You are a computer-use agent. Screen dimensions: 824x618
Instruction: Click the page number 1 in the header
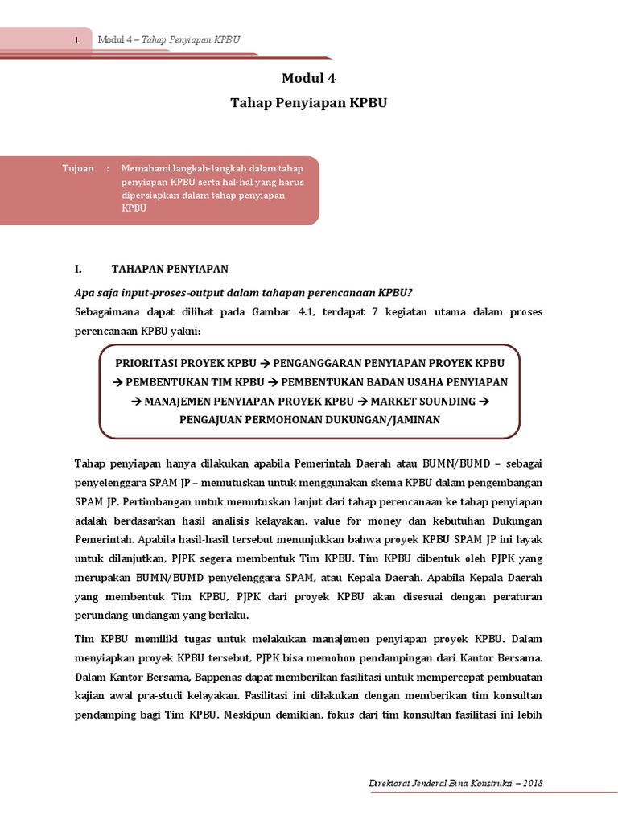pos(76,41)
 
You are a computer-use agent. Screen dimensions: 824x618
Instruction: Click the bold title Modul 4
pos(308,78)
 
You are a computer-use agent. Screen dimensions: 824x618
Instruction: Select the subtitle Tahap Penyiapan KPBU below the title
pos(308,103)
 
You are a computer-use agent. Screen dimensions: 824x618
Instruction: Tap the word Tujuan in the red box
pos(78,168)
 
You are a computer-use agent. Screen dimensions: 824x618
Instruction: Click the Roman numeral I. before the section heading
pos(78,269)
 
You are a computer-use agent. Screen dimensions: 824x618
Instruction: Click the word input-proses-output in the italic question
pos(165,291)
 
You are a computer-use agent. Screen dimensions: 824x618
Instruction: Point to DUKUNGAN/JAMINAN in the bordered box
pos(377,420)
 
